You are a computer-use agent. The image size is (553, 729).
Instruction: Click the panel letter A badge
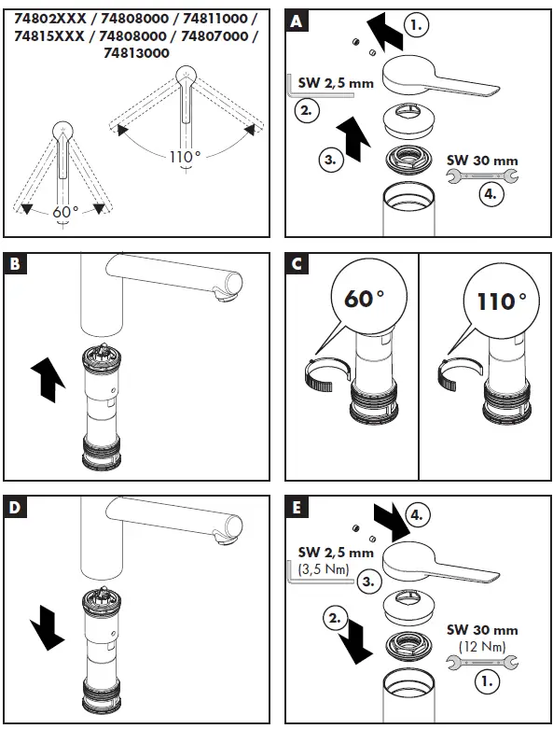[x=297, y=21]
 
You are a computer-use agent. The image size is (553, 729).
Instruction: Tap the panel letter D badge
[x=15, y=507]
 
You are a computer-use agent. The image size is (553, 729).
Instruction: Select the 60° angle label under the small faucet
[x=65, y=212]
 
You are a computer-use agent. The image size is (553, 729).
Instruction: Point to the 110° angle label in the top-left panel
[x=186, y=157]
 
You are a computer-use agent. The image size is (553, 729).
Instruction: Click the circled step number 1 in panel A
[x=417, y=24]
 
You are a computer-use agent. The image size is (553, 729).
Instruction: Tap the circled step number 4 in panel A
[x=491, y=194]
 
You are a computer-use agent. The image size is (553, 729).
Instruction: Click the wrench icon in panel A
[x=482, y=176]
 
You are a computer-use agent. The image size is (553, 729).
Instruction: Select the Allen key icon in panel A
[x=320, y=87]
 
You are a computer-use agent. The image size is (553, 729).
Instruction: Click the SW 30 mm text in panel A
[x=482, y=161]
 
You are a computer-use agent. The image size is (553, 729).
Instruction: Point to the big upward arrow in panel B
[x=48, y=379]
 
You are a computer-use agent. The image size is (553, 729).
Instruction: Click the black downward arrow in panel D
[x=47, y=627]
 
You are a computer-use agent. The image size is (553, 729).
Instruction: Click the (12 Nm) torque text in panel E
[x=482, y=646]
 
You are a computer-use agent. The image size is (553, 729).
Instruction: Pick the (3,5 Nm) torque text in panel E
[x=324, y=568]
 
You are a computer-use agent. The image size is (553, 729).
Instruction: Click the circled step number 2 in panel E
[x=335, y=619]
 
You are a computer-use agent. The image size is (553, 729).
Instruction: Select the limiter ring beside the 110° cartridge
[x=457, y=374]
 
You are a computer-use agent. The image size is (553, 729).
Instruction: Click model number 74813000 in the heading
[x=136, y=53]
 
